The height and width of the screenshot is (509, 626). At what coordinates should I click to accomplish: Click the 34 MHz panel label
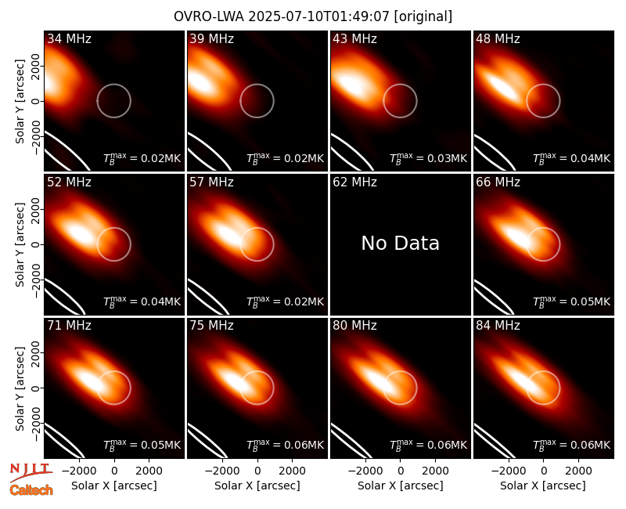pos(69,38)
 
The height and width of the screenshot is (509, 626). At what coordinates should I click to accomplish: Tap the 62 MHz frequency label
pos(354,182)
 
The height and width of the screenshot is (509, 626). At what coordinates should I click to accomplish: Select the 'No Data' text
pos(400,243)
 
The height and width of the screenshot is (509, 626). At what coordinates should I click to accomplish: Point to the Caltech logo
pos(31,490)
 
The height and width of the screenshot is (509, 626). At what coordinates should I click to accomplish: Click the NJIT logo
pos(31,471)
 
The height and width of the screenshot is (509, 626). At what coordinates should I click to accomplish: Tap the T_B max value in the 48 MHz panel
pos(571,158)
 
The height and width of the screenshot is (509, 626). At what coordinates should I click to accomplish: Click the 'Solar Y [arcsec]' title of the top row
pos(20,102)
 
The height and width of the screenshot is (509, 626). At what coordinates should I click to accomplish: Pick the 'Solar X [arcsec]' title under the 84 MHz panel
pos(543,486)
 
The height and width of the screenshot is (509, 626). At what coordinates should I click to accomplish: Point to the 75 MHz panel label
pos(211,326)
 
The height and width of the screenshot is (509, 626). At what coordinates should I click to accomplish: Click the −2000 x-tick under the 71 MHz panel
pos(78,471)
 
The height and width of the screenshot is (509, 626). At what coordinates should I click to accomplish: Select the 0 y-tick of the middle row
pos(36,244)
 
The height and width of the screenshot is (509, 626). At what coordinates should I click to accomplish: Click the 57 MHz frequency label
pos(211,182)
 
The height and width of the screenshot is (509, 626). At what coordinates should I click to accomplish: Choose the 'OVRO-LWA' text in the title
pos(209,16)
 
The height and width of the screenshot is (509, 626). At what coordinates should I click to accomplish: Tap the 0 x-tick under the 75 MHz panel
pos(257,471)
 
